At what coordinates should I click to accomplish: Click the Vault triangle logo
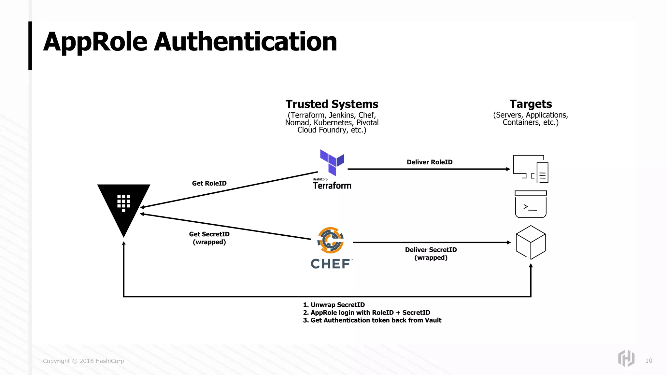[x=124, y=205]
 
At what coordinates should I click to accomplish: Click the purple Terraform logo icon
[x=332, y=162]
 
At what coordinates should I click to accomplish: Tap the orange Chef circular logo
[x=331, y=240]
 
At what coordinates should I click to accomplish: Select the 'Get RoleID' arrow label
[x=209, y=183]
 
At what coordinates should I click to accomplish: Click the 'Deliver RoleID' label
[x=429, y=162]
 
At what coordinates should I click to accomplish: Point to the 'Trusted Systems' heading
[x=332, y=104]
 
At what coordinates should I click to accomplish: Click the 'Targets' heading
[x=531, y=104]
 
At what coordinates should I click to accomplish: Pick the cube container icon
[x=531, y=242]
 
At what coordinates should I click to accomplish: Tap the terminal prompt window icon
[x=531, y=204]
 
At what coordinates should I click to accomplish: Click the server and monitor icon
[x=531, y=169]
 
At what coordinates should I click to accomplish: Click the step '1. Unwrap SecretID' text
[x=334, y=305]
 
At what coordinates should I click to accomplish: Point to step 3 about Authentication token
[x=372, y=320]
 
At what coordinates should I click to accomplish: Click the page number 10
[x=648, y=361]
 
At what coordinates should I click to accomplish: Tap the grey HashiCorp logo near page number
[x=626, y=358]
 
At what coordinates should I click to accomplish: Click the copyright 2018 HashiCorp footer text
[x=83, y=361]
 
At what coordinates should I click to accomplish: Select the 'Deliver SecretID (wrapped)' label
[x=431, y=254]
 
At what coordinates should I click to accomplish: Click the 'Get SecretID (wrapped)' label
[x=209, y=238]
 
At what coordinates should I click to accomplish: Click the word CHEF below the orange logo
[x=331, y=264]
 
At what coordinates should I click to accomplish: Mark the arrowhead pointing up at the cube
[x=531, y=266]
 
